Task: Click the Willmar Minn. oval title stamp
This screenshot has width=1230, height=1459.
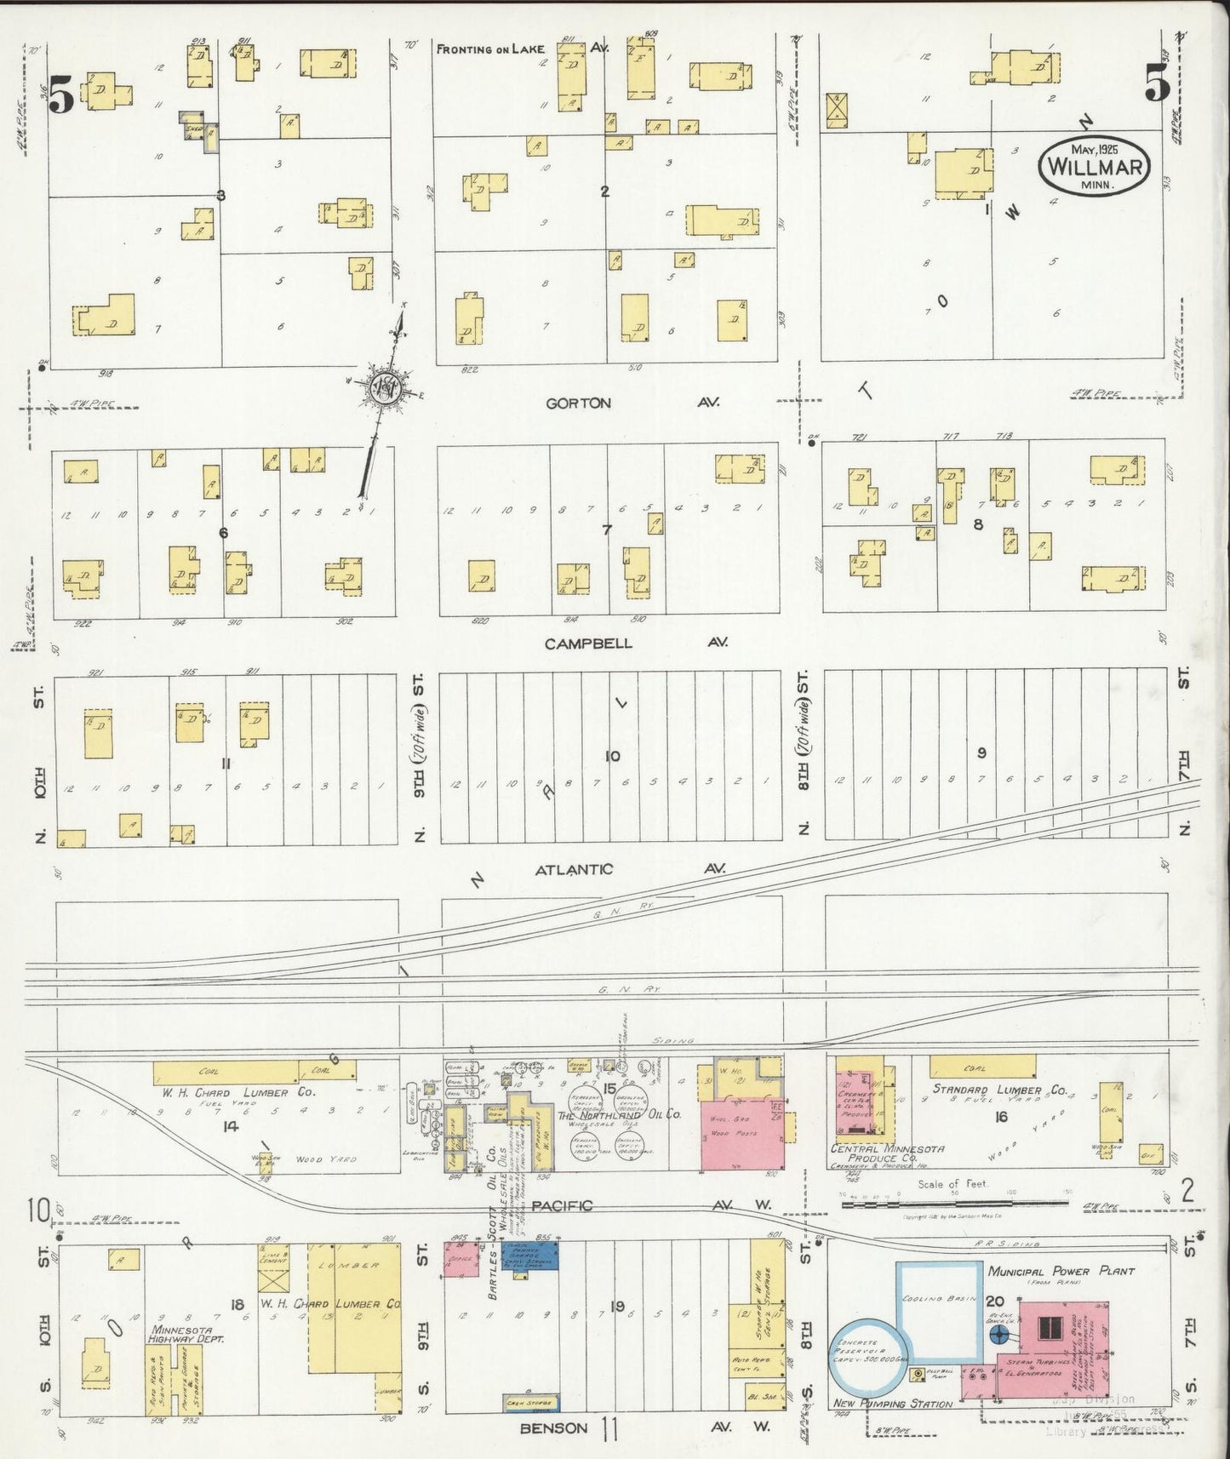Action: click(1094, 168)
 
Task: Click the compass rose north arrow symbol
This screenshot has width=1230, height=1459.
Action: click(385, 388)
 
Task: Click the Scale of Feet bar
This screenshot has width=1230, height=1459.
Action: click(953, 1203)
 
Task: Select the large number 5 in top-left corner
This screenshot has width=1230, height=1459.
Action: click(60, 94)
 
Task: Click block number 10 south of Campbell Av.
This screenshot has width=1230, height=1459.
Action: click(611, 756)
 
